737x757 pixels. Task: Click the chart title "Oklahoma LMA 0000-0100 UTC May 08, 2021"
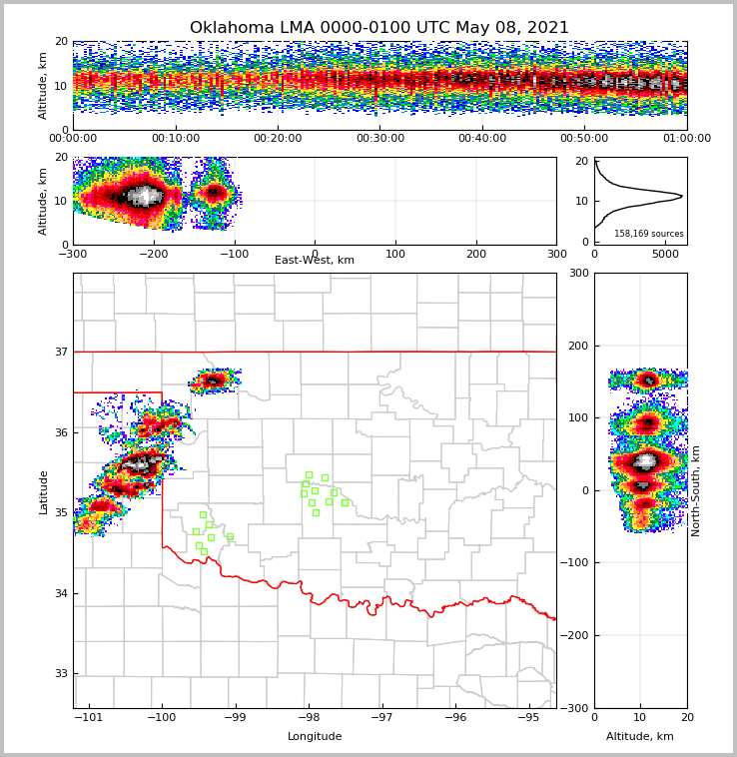(x=378, y=28)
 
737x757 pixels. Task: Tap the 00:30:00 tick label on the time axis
(x=379, y=139)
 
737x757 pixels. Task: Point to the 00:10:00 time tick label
(x=175, y=139)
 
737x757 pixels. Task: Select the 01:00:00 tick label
(x=686, y=139)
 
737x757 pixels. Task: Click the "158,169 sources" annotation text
(x=648, y=234)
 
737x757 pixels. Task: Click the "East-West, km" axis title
(x=315, y=261)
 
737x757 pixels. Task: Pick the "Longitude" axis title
(x=315, y=737)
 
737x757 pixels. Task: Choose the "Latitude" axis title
(x=43, y=491)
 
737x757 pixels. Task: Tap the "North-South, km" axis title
(x=696, y=490)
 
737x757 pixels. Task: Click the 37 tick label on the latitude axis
(x=61, y=353)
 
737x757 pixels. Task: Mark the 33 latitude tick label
(x=61, y=674)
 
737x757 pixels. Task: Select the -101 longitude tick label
(x=89, y=717)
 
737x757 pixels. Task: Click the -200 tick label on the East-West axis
(x=153, y=254)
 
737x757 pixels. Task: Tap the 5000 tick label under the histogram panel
(x=664, y=254)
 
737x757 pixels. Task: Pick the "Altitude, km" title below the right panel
(x=640, y=737)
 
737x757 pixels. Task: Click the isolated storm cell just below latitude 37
(x=213, y=380)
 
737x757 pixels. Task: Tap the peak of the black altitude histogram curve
(x=681, y=196)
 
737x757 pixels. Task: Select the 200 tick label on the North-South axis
(x=579, y=346)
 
